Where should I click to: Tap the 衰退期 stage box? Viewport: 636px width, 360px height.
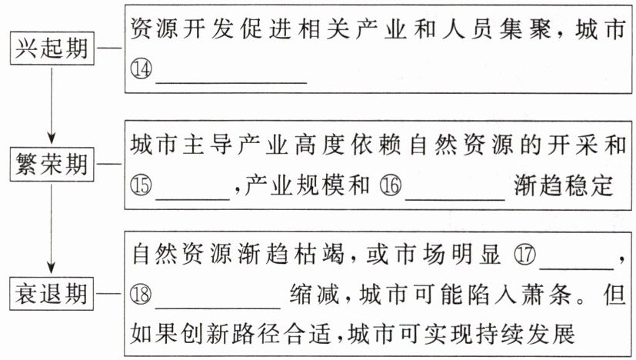tap(52, 293)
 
